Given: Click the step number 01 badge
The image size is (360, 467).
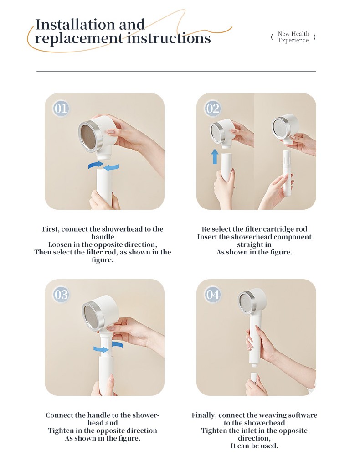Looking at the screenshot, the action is [61, 109].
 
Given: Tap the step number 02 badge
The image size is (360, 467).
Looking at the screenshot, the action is [213, 109].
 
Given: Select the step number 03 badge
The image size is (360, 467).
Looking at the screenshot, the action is [61, 295].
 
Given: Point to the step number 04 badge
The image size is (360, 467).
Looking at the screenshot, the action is [213, 295].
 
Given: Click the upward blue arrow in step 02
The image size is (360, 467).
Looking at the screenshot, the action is [215, 156].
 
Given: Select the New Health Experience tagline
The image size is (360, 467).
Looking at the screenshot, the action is [293, 37].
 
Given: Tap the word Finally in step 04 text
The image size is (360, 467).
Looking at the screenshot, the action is [204, 415].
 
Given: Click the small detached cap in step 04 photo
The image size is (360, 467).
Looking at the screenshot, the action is [253, 377].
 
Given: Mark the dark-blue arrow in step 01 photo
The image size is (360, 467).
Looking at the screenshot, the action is [96, 164].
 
